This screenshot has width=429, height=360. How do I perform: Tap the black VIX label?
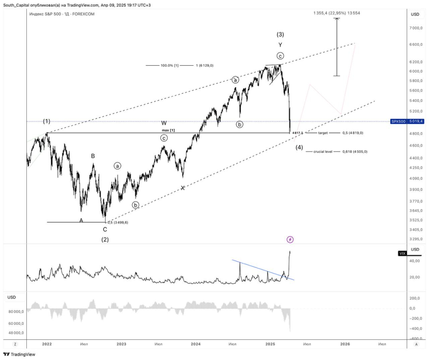tap(403, 253)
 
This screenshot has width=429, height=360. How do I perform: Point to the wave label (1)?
tap(47, 121)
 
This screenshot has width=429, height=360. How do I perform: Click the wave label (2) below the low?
tap(105, 239)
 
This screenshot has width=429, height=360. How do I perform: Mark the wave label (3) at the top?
tap(280, 34)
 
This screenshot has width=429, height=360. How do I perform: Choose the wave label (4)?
tap(299, 147)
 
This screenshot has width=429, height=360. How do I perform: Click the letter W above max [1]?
tap(164, 123)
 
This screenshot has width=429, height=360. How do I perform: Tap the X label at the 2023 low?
tap(183, 188)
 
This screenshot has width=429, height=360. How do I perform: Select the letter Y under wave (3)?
tap(280, 45)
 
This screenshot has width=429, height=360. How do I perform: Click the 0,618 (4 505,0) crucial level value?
tap(355, 152)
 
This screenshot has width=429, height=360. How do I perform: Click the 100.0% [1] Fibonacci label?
tap(170, 66)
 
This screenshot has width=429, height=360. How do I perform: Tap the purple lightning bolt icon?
tap(290, 239)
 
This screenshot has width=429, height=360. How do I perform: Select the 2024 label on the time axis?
tap(195, 344)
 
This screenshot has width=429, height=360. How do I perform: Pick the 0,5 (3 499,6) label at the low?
tap(118, 222)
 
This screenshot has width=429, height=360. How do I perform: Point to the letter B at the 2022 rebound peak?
tap(93, 156)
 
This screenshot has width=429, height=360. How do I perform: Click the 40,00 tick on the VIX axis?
tap(415, 261)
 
